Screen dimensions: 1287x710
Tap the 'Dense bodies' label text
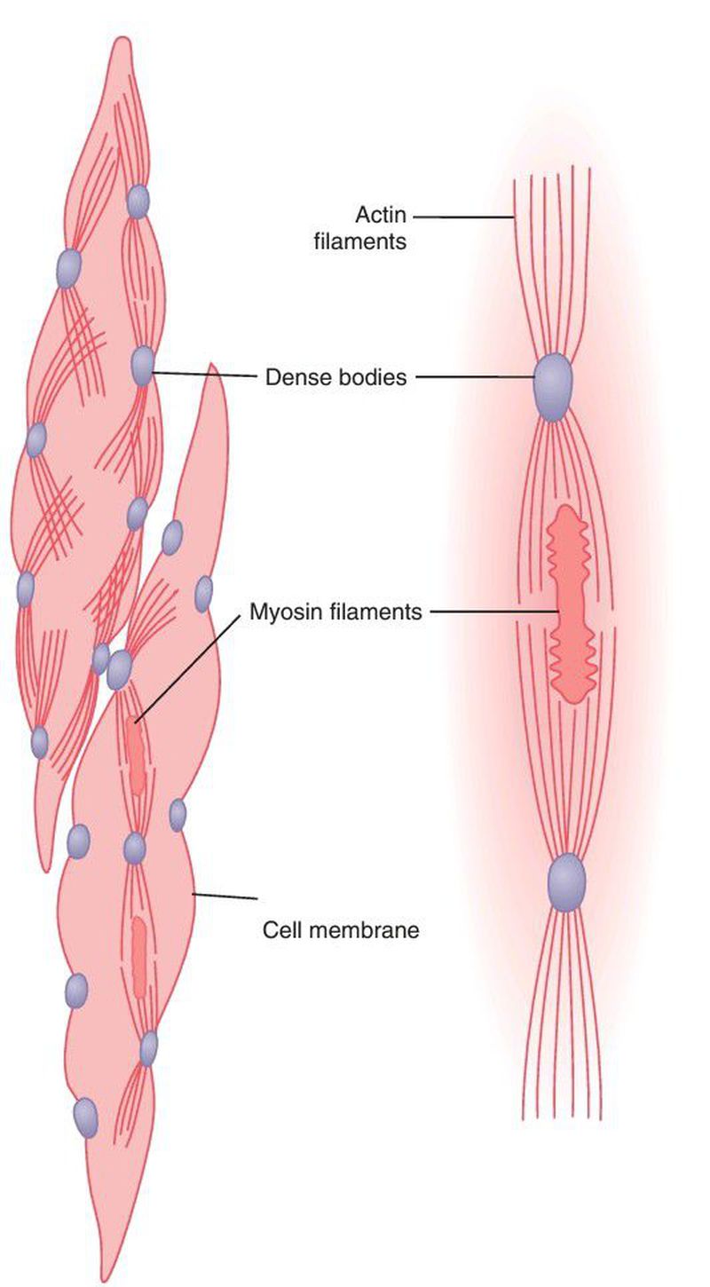[x=336, y=377]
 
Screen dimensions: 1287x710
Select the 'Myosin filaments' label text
[x=335, y=611]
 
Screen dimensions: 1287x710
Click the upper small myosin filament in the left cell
[x=136, y=754]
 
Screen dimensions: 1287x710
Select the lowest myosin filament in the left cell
[x=139, y=955]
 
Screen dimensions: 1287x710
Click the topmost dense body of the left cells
[x=137, y=201]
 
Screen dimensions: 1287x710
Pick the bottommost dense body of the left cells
[x=85, y=1117]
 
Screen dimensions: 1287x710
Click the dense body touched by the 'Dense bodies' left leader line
[x=143, y=366]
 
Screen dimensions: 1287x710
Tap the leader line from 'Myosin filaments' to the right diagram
[x=493, y=612]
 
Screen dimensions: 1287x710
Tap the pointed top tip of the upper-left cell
[x=122, y=40]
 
